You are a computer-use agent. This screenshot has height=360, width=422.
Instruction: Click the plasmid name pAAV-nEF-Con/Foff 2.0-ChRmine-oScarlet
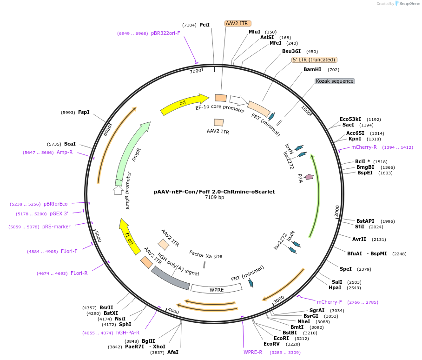coord(214,191)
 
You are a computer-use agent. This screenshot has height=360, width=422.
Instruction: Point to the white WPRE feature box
coord(216,289)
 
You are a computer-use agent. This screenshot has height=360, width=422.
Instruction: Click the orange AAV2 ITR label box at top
coord(237,23)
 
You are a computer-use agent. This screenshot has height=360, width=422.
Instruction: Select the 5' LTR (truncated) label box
coord(314,60)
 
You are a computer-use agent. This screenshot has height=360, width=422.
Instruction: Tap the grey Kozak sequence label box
coord(335,81)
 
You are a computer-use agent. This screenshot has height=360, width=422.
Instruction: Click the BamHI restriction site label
coord(312,70)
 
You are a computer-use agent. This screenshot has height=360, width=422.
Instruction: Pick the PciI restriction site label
coord(204,25)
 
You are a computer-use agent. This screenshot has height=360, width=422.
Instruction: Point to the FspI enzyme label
coord(84,112)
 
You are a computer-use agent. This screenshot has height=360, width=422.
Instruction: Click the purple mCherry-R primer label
coord(364,147)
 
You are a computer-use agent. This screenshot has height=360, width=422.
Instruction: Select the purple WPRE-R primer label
coord(253,352)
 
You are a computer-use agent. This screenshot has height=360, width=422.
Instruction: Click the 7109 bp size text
coord(214,198)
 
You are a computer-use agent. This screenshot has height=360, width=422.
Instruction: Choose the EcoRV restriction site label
coord(272,344)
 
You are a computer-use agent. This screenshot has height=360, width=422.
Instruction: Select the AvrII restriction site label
coord(359,239)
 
